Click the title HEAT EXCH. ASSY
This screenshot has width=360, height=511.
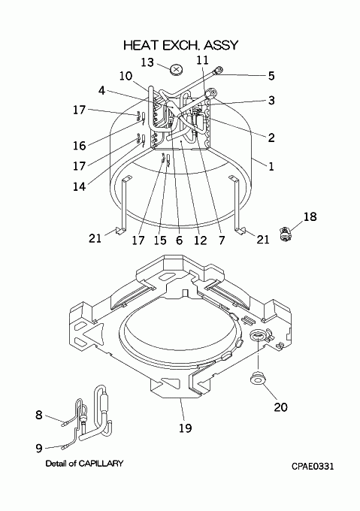(181, 45)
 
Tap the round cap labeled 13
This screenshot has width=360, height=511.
(177, 69)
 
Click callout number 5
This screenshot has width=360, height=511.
(271, 76)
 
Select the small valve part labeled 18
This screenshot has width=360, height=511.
(286, 234)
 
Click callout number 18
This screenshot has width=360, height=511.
(310, 216)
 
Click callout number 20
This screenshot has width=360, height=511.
(280, 407)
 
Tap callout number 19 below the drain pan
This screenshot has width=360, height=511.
(186, 428)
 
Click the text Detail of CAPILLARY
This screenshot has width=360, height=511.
(84, 463)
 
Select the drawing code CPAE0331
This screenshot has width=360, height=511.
(313, 467)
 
